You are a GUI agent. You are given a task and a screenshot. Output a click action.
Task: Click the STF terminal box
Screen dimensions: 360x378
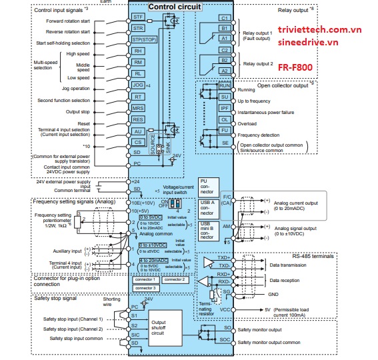pos(138,16)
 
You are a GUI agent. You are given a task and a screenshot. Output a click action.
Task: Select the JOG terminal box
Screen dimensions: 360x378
pos(138,86)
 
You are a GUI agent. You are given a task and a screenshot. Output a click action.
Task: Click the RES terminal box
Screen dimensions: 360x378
pos(138,120)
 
